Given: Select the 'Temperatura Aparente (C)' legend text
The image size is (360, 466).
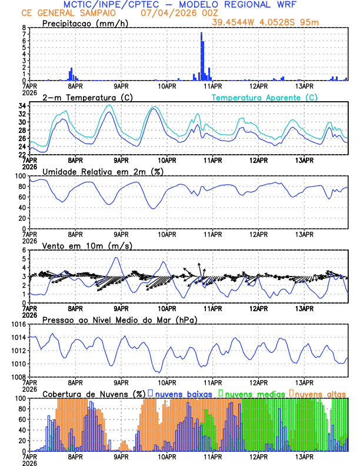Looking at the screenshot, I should (x=265, y=97).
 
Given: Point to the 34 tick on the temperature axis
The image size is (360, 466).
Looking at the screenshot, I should (x=23, y=106).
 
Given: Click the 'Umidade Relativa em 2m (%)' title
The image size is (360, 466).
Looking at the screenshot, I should (x=102, y=171).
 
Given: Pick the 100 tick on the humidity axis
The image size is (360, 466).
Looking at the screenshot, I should (x=21, y=176).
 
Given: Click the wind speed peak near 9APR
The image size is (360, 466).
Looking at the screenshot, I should (x=116, y=258).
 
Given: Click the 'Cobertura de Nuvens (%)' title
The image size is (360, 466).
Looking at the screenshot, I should (x=94, y=394).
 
